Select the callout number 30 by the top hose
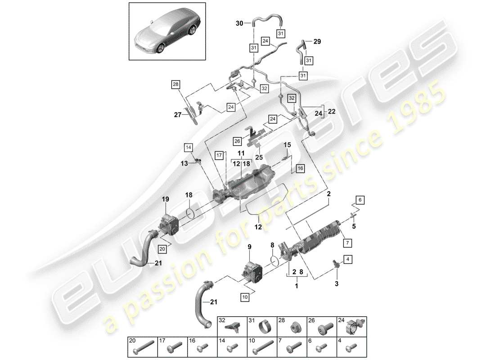pyautogui.click(x=239, y=23)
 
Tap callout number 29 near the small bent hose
pyautogui.click(x=317, y=41)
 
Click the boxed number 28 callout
pyautogui.click(x=175, y=84)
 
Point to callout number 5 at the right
pyautogui.click(x=353, y=227)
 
